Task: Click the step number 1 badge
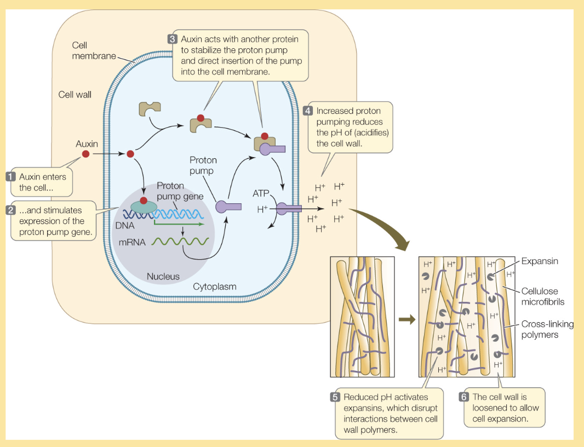[10, 176]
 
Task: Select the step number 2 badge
[10, 210]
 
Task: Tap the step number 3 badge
[171, 39]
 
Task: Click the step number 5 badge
[335, 397]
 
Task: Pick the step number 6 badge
[463, 397]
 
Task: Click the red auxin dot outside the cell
[85, 154]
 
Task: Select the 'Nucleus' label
[163, 277]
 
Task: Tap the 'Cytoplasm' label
[214, 286]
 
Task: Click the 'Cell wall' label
[75, 94]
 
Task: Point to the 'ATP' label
[261, 193]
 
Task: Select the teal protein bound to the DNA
[143, 207]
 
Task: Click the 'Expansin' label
[539, 261]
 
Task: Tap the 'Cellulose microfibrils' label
[542, 296]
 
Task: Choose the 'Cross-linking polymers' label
[547, 329]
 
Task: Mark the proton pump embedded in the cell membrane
[288, 208]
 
